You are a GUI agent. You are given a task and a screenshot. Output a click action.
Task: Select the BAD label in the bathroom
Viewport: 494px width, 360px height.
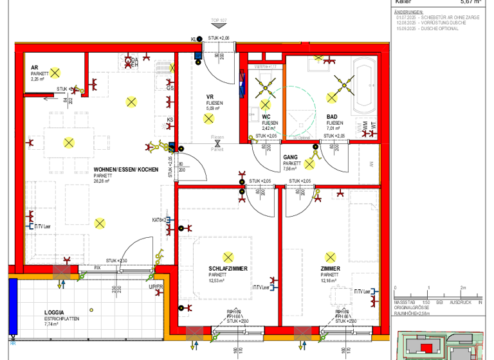[332, 116]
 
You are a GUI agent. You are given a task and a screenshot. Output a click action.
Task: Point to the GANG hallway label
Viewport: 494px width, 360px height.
[290, 157]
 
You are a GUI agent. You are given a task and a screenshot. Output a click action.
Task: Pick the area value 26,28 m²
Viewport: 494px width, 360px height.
[102, 181]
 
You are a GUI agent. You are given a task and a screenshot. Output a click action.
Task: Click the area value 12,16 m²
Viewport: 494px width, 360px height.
[330, 281]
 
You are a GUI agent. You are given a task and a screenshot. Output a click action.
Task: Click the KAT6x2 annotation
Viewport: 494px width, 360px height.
[160, 220]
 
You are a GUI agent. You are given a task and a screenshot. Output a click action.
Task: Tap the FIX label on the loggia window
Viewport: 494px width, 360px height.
[98, 267]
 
